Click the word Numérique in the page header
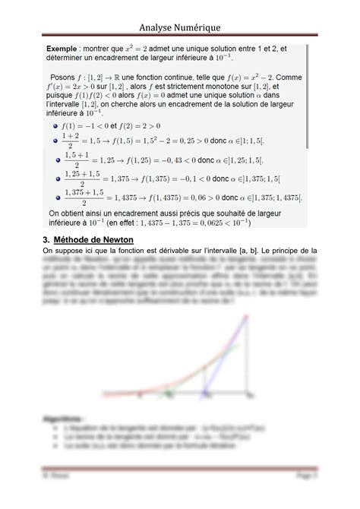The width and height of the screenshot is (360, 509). pyautogui.click(x=199, y=27)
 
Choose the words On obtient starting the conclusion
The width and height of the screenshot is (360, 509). pyautogui.click(x=70, y=214)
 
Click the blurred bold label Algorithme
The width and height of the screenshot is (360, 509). pyautogui.click(x=64, y=418)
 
